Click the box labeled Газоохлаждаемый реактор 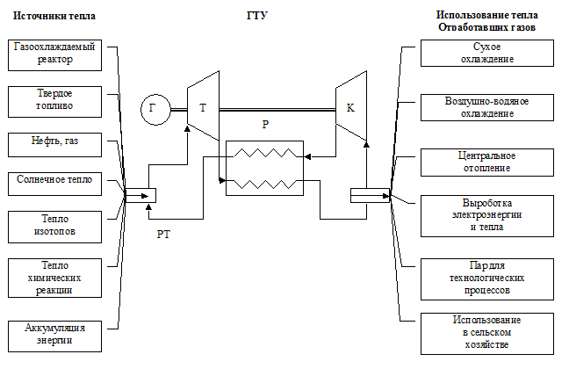pos(54,55)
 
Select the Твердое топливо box pos(54,102)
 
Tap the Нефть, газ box pos(54,145)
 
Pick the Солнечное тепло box pos(54,184)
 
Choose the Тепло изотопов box pos(54,228)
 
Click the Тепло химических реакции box pos(54,278)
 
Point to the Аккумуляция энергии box pos(54,336)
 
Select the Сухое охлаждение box pos(487,53)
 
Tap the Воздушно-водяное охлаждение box pos(487,107)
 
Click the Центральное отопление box pos(487,163)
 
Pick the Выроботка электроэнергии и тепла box pos(487,216)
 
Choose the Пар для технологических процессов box pos(487,279)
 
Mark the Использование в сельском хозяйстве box pos(487,334)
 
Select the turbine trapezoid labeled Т pos(203,105)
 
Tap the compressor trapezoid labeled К pos(351,105)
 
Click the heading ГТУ pos(257,16)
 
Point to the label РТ pos(163,235)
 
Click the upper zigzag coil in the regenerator pos(265,153)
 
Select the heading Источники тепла pos(54,16)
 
